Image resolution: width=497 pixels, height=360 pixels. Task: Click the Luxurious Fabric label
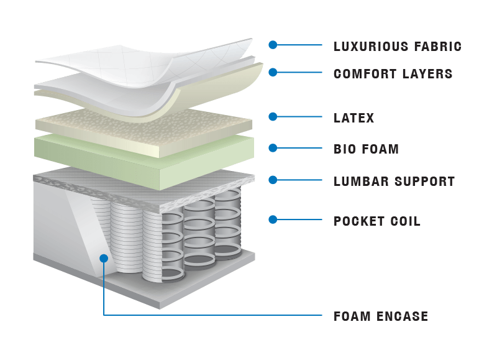[x=398, y=46]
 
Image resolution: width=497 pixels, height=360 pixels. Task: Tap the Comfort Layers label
[x=393, y=74]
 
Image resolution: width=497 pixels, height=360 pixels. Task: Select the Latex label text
[x=353, y=118]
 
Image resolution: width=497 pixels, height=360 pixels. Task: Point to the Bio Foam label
[x=366, y=149]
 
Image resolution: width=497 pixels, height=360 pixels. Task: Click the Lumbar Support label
[x=394, y=182]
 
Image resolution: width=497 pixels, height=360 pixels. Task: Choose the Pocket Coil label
[x=377, y=221]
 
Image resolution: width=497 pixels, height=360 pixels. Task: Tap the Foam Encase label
[x=381, y=316]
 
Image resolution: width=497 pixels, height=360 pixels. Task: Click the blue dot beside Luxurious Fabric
[x=272, y=45]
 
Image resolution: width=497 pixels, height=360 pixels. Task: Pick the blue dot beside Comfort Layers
[x=272, y=72]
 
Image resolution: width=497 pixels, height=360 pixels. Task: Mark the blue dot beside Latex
[x=272, y=116]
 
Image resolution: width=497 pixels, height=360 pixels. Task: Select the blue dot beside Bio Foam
[x=272, y=148]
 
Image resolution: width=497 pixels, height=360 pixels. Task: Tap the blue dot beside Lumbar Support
[x=272, y=180]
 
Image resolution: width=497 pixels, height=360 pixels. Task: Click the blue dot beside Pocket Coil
[x=272, y=219]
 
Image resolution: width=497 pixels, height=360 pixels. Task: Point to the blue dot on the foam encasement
[x=104, y=257]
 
